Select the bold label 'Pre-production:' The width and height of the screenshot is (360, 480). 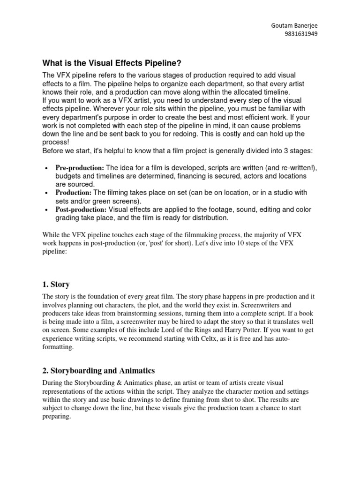coord(80,168)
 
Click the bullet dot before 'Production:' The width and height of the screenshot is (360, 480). coord(46,193)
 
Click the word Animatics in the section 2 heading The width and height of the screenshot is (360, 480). coord(136,370)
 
